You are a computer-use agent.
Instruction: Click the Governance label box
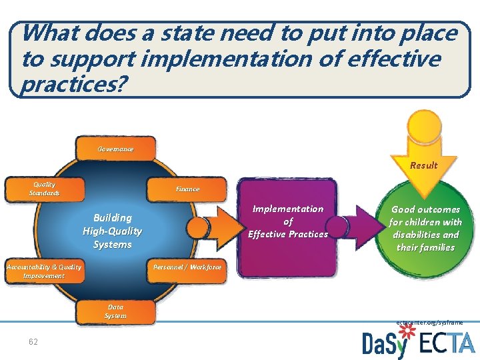(117, 149)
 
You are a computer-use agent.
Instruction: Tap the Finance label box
(187, 189)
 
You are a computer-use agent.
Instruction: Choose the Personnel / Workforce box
(187, 267)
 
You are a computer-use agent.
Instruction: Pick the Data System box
(115, 311)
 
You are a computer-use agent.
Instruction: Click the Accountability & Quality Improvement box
(44, 271)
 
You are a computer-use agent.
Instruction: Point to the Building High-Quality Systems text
(112, 231)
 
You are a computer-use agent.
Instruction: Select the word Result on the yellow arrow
(424, 165)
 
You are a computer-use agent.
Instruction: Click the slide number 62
(33, 342)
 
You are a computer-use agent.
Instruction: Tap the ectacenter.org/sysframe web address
(429, 322)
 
